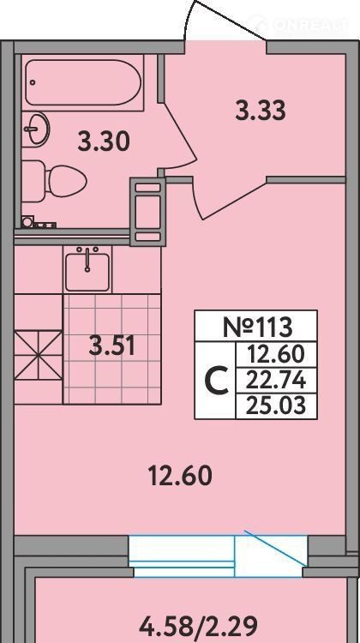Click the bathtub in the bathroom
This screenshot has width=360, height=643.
tap(83, 82)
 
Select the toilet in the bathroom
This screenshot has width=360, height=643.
tap(54, 181)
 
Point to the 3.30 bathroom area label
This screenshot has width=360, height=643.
tap(104, 141)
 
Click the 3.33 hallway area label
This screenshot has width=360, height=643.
tap(261, 111)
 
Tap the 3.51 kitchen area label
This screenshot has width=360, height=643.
tap(112, 346)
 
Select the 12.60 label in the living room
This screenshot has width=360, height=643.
tap(180, 477)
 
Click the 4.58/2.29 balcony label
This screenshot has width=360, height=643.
tap(199, 626)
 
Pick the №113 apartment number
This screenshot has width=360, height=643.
tap(258, 327)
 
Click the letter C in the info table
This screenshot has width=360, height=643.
tap(216, 381)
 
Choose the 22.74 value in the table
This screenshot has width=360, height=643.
tap(276, 381)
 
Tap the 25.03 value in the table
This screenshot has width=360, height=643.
tap(276, 406)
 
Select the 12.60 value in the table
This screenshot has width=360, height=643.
tap(276, 355)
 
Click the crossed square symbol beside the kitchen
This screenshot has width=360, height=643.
tap(38, 355)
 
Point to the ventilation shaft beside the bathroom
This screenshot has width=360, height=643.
tap(147, 212)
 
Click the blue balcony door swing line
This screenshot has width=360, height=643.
tap(275, 547)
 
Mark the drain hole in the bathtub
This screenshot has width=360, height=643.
tap(33, 82)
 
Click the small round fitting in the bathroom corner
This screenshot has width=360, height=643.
tap(27, 222)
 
